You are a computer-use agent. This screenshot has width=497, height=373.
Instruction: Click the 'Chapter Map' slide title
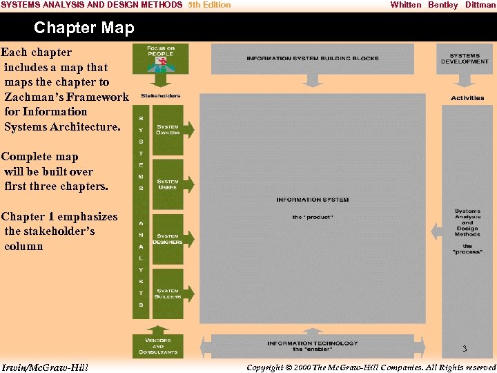84,28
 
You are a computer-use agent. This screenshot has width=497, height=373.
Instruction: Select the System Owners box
168,130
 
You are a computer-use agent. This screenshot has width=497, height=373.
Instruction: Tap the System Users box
168,184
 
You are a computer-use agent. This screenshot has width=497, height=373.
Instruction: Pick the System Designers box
168,239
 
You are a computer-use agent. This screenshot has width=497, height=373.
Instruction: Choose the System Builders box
168,294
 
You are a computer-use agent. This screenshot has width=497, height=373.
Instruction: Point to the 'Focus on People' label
161,50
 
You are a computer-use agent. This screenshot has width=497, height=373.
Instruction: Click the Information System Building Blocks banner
313,59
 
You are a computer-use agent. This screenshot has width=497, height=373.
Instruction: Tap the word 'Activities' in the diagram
467,98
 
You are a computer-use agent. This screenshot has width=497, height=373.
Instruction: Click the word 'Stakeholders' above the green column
161,96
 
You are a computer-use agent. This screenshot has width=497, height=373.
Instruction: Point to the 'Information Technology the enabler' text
313,345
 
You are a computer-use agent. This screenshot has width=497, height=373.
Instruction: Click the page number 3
465,349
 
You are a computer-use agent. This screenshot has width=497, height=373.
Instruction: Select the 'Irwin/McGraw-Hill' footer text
45,367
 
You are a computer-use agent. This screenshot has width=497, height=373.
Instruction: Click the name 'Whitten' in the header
405,5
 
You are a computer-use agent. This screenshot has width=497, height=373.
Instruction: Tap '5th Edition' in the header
210,5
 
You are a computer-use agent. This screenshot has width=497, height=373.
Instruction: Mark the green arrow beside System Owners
189,130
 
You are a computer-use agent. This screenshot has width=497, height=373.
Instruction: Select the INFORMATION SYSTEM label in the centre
313,200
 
